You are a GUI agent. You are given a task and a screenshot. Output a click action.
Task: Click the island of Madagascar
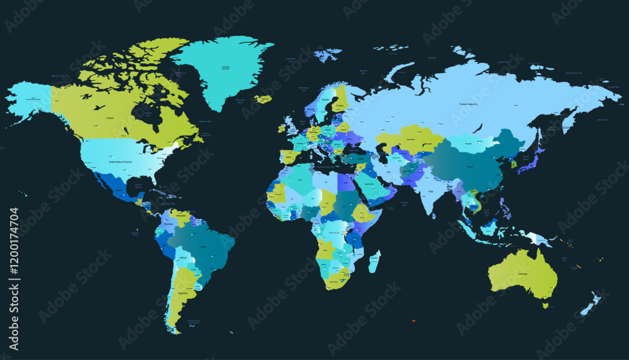coord(374,262)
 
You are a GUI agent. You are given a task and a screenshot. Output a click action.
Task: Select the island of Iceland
coord(263,99)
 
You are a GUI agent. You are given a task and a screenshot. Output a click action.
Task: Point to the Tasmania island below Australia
coord(545,305)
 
